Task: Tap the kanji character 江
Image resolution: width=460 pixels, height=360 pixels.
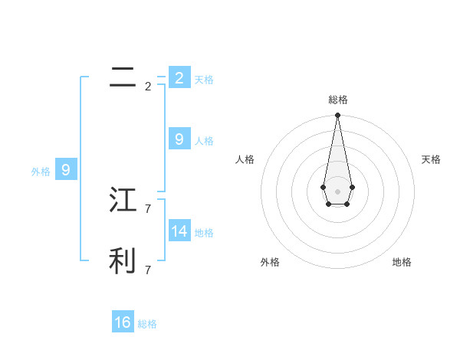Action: click(x=123, y=200)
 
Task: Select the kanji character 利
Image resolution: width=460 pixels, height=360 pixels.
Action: click(x=123, y=260)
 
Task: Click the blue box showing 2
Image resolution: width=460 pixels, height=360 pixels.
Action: click(x=179, y=77)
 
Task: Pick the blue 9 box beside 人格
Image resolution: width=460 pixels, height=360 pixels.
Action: click(x=179, y=139)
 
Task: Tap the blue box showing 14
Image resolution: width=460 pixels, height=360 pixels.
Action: click(x=179, y=231)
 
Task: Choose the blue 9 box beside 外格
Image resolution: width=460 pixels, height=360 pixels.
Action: click(x=65, y=170)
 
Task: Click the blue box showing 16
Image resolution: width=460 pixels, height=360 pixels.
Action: click(x=123, y=322)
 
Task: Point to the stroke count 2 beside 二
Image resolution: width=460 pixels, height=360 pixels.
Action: click(x=148, y=87)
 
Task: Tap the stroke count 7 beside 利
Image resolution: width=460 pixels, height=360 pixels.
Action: click(x=148, y=270)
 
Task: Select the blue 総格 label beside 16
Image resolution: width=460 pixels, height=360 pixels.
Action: click(x=147, y=324)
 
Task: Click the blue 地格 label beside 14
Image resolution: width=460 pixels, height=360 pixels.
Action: click(x=204, y=233)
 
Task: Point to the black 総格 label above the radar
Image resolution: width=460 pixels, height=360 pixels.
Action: click(x=337, y=100)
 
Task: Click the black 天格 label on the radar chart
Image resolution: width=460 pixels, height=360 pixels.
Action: click(x=431, y=159)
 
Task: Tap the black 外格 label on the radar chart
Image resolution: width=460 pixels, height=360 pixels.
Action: click(x=270, y=262)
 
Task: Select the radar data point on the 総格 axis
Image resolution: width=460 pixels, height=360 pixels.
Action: click(x=337, y=116)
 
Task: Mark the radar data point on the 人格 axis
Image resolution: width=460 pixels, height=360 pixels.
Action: click(x=324, y=187)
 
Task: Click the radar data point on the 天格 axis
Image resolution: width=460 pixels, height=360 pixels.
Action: click(x=352, y=187)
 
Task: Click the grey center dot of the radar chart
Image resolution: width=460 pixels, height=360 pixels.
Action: click(x=337, y=191)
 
